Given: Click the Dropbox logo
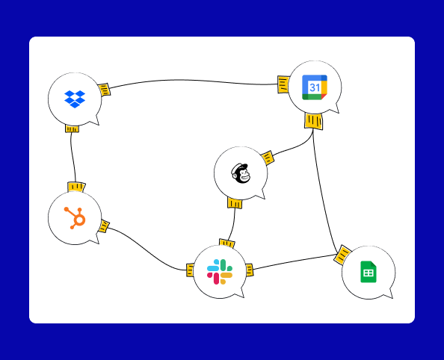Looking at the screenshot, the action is coord(75,99).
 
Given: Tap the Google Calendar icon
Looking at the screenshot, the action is coord(315,87).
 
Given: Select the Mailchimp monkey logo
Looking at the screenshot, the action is coord(241,173).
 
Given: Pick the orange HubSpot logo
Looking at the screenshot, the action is coord(75,218).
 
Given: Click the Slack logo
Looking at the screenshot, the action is coord(220,272).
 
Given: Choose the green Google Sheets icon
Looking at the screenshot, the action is coord(369,272).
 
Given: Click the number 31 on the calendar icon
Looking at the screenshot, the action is coord(315,87).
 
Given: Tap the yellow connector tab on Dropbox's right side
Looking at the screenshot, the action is coord(104,90).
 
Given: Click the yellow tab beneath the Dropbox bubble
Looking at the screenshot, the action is coord(73,129).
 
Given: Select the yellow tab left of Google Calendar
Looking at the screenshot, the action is coord(283,84).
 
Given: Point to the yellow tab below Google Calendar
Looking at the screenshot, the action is coord(314,121).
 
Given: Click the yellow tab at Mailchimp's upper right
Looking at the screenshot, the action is coord(268,158).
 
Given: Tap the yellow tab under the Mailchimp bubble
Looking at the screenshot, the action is coord(235,203).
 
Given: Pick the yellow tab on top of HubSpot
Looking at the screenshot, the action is coord(76,187).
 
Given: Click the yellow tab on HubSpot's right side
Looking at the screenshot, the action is coord(104,226).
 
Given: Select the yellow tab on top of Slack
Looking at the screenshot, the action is coord(226,243).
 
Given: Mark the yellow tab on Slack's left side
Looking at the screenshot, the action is coord(190,270).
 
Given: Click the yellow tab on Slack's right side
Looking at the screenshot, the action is coord(249,270).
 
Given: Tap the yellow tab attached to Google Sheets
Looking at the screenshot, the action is coord(342,255).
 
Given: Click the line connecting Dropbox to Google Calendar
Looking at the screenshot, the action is coord(193,81).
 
